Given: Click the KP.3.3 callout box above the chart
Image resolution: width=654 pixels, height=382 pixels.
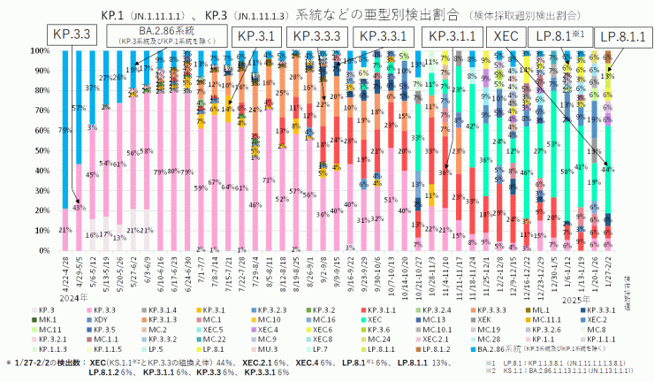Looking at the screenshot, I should (70, 35).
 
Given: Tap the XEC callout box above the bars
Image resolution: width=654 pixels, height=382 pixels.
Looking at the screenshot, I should (505, 36).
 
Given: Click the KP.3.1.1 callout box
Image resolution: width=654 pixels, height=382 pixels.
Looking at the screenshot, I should (451, 36).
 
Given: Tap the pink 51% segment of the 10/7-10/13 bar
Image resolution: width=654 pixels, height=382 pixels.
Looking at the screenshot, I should (389, 200).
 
